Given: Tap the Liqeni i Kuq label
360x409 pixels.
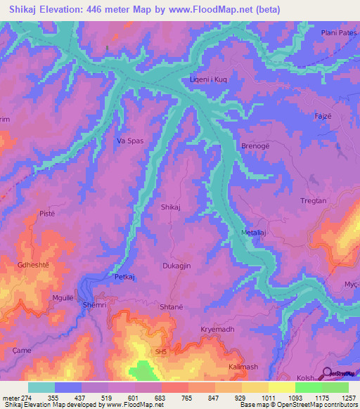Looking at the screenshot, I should pos(208,80).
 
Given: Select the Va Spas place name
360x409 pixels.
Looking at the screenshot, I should pos(130,141).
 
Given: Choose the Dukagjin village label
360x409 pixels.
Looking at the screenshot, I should pos(176,267).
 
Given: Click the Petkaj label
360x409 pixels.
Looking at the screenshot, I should pos(125,278).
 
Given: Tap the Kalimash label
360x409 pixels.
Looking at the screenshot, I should pos(244,368).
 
